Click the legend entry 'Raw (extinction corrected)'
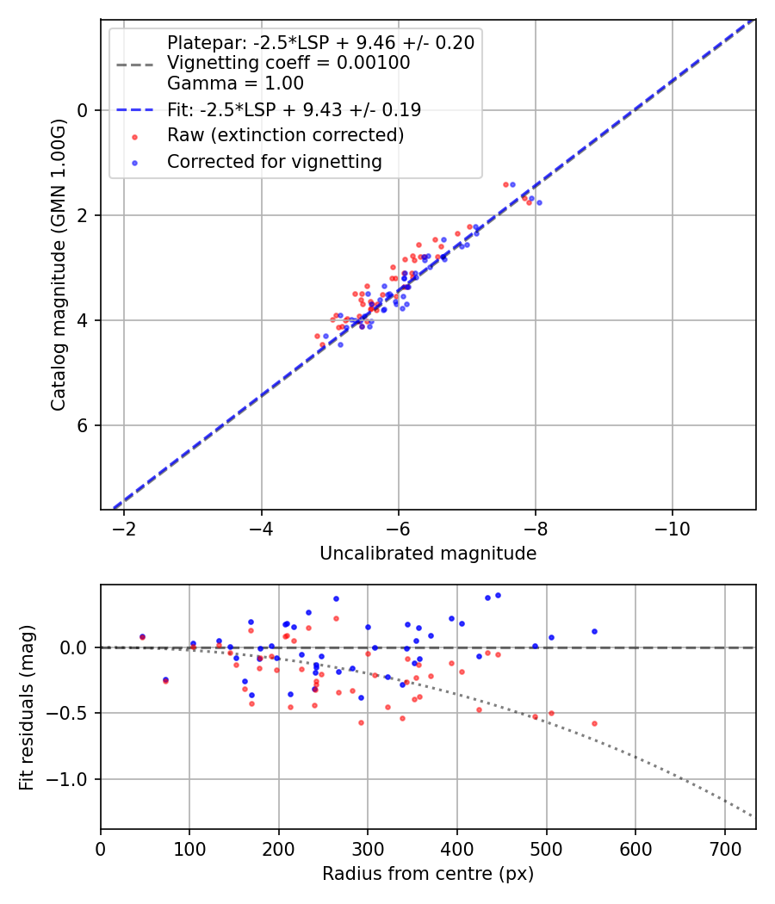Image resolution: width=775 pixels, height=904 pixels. (285, 135)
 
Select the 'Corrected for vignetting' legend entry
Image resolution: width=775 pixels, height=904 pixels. (275, 161)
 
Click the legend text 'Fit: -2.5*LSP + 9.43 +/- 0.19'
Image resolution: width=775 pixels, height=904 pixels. (294, 109)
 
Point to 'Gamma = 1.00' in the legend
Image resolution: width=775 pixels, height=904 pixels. (235, 84)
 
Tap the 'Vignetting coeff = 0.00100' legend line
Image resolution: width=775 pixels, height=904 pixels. (288, 63)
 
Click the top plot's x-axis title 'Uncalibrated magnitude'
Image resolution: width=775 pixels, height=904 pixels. (428, 554)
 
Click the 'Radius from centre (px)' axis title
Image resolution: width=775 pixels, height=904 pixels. (428, 874)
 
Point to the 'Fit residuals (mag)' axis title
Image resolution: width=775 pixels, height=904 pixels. (27, 707)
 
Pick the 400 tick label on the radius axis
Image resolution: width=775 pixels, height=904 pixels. (457, 848)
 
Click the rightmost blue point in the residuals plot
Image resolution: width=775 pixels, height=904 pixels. (594, 631)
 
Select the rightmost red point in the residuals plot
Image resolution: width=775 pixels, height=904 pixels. (594, 723)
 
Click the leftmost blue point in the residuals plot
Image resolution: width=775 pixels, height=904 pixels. (142, 637)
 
